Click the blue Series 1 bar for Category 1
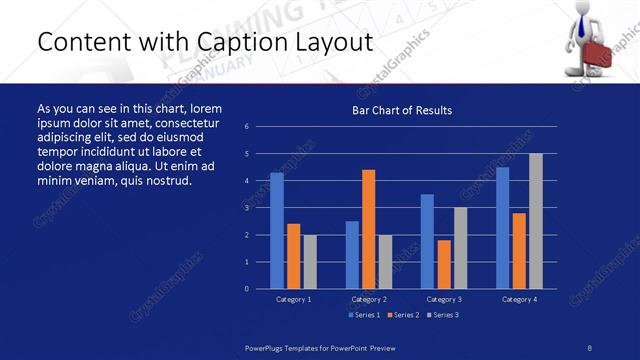277,230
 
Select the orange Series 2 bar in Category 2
369,229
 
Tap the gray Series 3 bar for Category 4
536,221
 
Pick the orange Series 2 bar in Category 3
444,264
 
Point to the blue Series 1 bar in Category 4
502,228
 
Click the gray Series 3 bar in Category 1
310,262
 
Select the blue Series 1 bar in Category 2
352,255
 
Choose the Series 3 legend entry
443,315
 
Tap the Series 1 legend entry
364,315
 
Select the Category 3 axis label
444,299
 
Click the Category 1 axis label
293,299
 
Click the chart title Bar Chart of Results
402,110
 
